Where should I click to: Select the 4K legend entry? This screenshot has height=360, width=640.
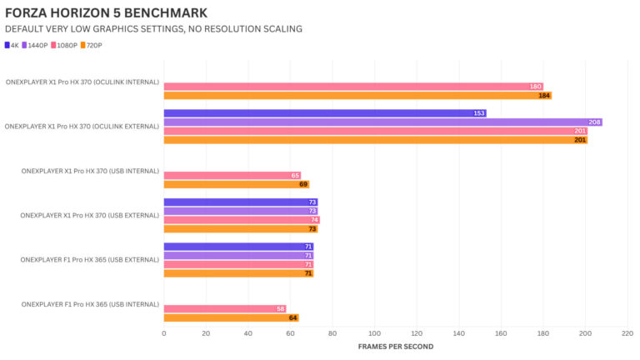pos(12,44)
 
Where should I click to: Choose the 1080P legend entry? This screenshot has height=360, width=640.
pos(65,44)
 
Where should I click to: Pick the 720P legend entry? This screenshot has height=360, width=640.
pos(92,44)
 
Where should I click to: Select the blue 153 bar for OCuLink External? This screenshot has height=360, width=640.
pos(324,113)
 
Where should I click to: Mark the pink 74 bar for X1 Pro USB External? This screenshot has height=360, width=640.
pos(241,220)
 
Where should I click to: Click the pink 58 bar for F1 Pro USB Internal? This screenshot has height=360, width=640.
pos(224,309)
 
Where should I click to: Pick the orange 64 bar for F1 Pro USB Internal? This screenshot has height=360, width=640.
pos(231,317)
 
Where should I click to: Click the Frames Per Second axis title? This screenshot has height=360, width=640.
pos(395,346)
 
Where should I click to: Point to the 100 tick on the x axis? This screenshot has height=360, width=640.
pos(374,332)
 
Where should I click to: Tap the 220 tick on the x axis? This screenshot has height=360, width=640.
pos(627,332)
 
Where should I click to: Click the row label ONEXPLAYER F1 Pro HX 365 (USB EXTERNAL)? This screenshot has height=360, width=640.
pos(89,260)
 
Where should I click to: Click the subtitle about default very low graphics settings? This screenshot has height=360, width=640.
pos(153,29)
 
